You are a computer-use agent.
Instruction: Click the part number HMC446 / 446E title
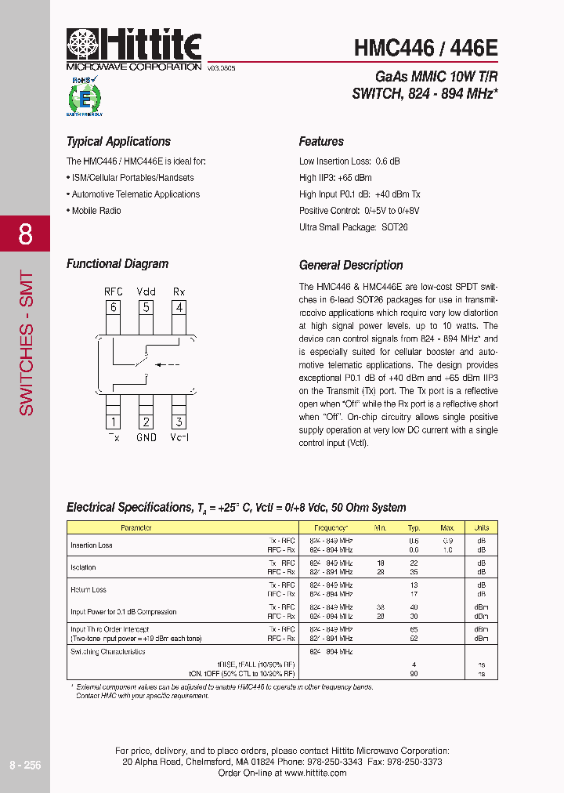pos(425,48)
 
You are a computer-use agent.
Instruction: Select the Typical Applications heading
pos(118,142)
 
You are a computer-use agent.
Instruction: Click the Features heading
pos(321,142)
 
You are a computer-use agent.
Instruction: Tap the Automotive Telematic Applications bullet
pos(135,194)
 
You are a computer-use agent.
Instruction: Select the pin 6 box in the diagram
pos(114,307)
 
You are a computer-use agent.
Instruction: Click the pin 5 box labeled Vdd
pos(146,307)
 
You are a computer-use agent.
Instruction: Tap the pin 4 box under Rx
pos(179,307)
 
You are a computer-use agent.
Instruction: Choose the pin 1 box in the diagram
pos(114,422)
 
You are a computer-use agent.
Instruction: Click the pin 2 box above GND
pos(146,422)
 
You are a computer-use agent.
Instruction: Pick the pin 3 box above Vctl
pos(179,422)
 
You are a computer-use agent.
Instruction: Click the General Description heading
pos(351,265)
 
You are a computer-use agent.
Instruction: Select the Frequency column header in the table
pos(331,528)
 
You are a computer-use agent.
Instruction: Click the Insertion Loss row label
pos(92,545)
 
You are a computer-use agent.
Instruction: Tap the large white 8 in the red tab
pos(25,234)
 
